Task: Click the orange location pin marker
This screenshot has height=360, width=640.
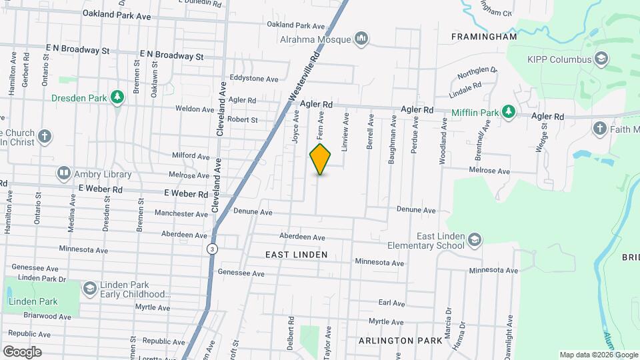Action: pyautogui.click(x=320, y=159)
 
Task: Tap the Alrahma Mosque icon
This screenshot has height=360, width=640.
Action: pyautogui.click(x=362, y=39)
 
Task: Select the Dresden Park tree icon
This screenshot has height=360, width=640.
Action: pyautogui.click(x=117, y=97)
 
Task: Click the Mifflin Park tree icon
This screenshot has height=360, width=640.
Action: pyautogui.click(x=508, y=111)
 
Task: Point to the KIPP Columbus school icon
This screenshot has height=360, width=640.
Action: pyautogui.click(x=602, y=60)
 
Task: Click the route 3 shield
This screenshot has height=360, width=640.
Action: pyautogui.click(x=211, y=249)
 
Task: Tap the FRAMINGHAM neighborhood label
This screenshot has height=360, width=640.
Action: pyautogui.click(x=484, y=37)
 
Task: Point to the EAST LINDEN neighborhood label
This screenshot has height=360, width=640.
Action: pyautogui.click(x=296, y=255)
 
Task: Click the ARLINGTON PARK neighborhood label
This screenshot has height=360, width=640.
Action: pyautogui.click(x=396, y=340)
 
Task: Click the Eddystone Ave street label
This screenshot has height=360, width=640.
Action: pyautogui.click(x=253, y=79)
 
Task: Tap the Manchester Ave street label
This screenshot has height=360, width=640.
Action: pyautogui.click(x=181, y=214)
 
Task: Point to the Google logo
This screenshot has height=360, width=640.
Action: pyautogui.click(x=22, y=351)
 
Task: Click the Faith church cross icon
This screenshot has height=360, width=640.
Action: pyautogui.click(x=599, y=128)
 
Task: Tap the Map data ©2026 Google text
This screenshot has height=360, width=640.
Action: pyautogui.click(x=598, y=355)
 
